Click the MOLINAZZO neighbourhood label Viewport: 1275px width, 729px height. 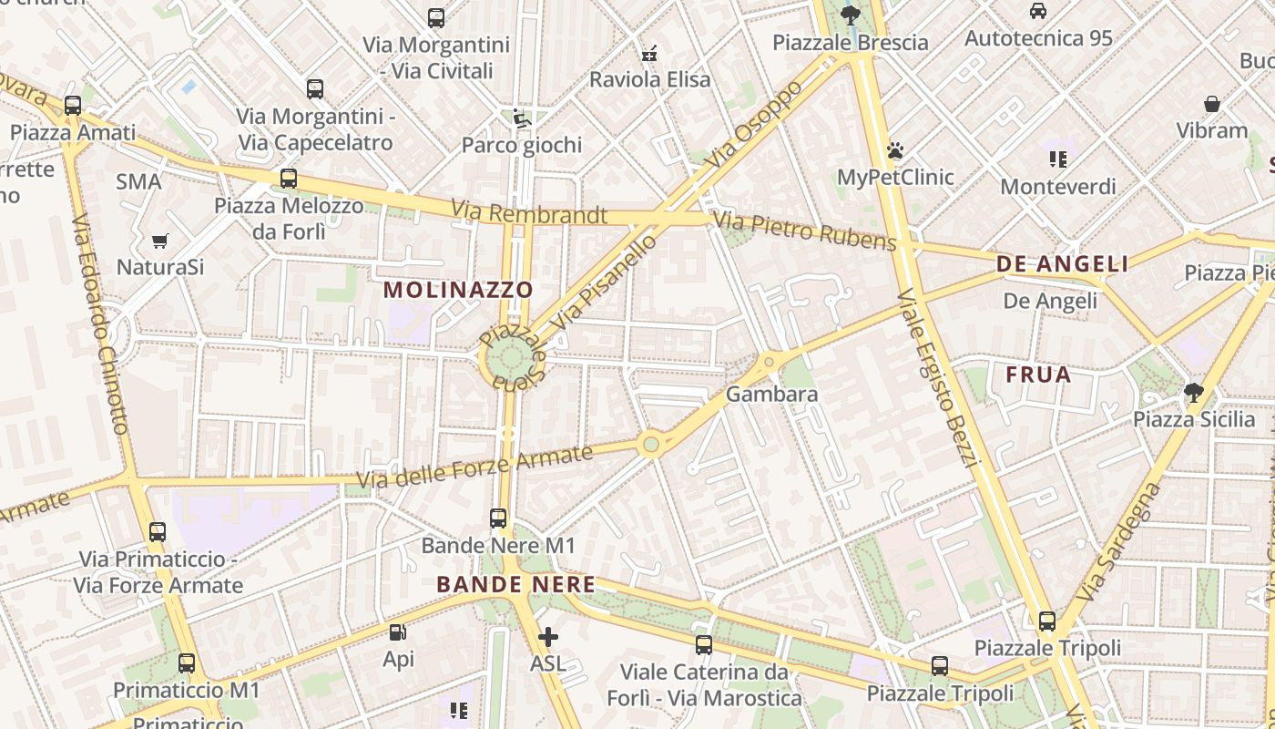458,290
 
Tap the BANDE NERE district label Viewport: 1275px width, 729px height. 515,585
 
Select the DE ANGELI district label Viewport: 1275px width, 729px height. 1062,264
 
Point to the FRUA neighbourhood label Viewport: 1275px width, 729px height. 1038,375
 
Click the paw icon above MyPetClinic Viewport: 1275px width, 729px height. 895,150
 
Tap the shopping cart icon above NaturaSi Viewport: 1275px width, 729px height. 160,241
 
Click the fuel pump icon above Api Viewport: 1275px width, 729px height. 398,632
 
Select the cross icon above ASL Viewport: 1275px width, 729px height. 547,637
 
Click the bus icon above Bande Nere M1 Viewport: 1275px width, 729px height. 498,519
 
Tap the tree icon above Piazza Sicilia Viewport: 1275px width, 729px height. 1193,394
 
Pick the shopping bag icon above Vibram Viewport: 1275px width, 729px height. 1211,104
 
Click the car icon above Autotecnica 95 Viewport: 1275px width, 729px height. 1037,11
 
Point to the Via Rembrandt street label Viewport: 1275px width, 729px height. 529,214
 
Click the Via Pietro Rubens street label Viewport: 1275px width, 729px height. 804,231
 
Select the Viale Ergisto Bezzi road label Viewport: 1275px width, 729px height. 936,378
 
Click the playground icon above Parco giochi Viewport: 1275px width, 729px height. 521,118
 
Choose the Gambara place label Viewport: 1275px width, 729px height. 771,395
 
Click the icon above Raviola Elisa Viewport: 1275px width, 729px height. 649,54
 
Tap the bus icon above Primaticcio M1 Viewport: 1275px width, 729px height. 187,663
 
